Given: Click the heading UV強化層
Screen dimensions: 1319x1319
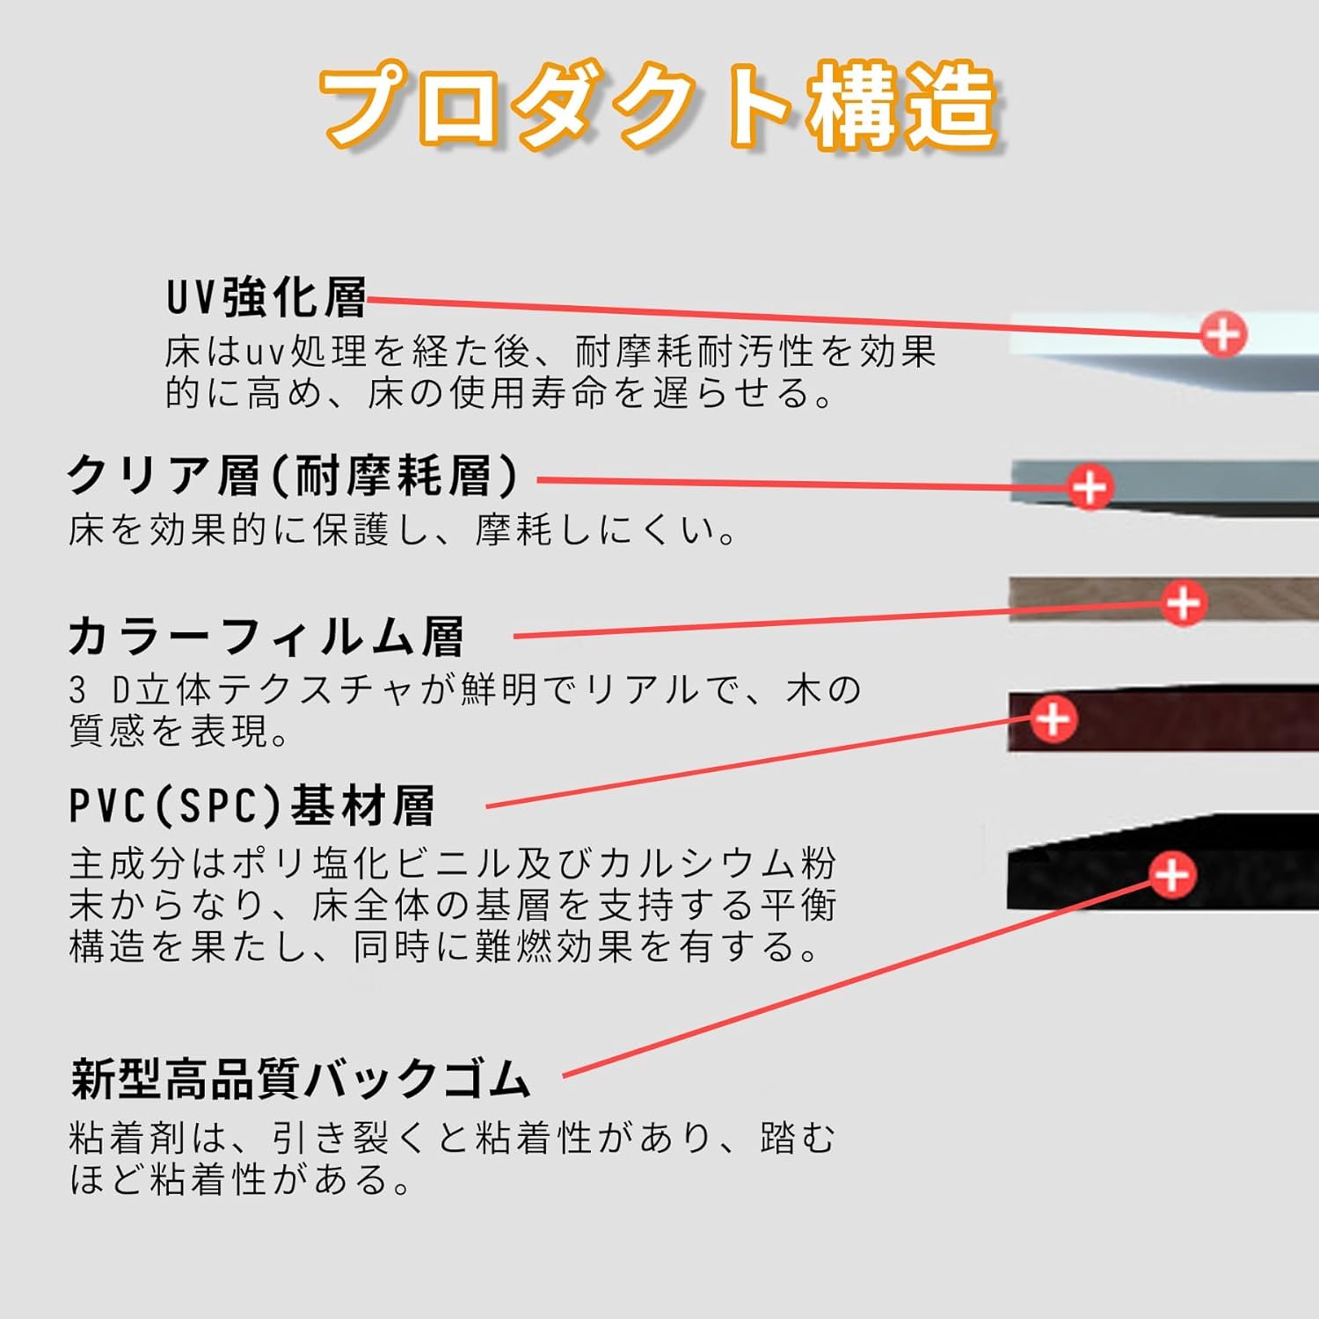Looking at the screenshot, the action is (266, 297).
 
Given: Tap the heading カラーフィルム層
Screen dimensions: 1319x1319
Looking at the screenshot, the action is (266, 636).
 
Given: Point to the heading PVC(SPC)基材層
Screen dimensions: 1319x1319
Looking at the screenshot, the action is (252, 805).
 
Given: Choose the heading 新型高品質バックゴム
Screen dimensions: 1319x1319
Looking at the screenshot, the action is (301, 1078).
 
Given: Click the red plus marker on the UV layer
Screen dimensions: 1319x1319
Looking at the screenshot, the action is (1223, 334).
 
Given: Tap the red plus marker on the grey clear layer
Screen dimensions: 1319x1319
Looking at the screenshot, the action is (1090, 487).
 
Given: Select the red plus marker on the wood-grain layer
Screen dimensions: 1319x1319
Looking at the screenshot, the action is (1183, 603).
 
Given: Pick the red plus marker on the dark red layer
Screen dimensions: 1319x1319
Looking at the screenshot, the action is (1053, 720).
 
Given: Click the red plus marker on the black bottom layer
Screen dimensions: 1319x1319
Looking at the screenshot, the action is (1171, 875).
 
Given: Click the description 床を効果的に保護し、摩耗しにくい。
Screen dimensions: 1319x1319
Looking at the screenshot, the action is (402, 530).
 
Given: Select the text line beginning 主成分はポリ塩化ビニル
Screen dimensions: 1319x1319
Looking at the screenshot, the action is (452, 864).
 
